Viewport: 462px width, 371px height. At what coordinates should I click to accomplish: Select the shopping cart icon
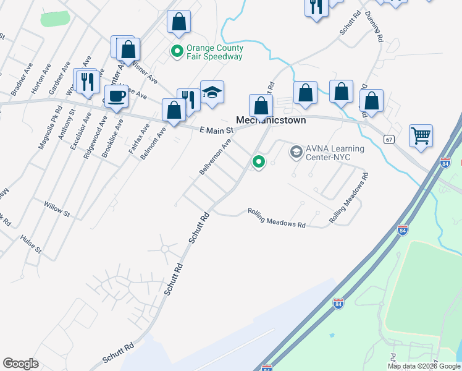[x=421, y=135]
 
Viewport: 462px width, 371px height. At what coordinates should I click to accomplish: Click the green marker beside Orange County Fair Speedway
[x=177, y=52]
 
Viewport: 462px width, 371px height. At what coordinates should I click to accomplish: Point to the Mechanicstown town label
[x=272, y=121]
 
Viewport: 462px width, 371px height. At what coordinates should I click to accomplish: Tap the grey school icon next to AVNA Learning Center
[x=296, y=151]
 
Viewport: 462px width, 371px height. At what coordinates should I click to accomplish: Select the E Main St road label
[x=216, y=130]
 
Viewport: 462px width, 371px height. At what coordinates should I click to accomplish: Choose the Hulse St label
[x=30, y=244]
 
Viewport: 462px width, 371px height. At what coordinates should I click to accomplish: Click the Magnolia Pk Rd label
[x=46, y=132]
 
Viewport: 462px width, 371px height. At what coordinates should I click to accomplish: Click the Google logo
[x=20, y=364]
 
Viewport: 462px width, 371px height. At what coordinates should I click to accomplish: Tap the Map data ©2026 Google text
[x=424, y=366]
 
